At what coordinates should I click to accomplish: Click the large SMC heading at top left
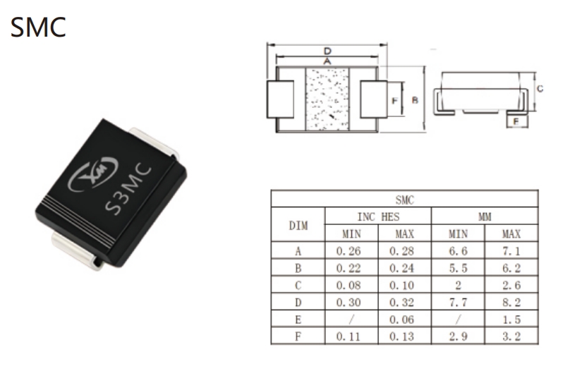pyautogui.click(x=38, y=28)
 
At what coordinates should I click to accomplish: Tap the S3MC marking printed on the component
pyautogui.click(x=128, y=190)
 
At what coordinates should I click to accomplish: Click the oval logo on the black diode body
pyautogui.click(x=93, y=174)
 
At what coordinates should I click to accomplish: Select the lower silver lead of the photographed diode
pyautogui.click(x=76, y=251)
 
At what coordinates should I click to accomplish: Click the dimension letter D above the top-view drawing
pyautogui.click(x=327, y=51)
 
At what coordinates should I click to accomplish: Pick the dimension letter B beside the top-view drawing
pyautogui.click(x=415, y=100)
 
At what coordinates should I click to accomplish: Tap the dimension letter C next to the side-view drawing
pyautogui.click(x=540, y=88)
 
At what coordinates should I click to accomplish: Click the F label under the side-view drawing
pyautogui.click(x=516, y=121)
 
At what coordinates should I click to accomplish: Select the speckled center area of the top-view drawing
pyautogui.click(x=327, y=99)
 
